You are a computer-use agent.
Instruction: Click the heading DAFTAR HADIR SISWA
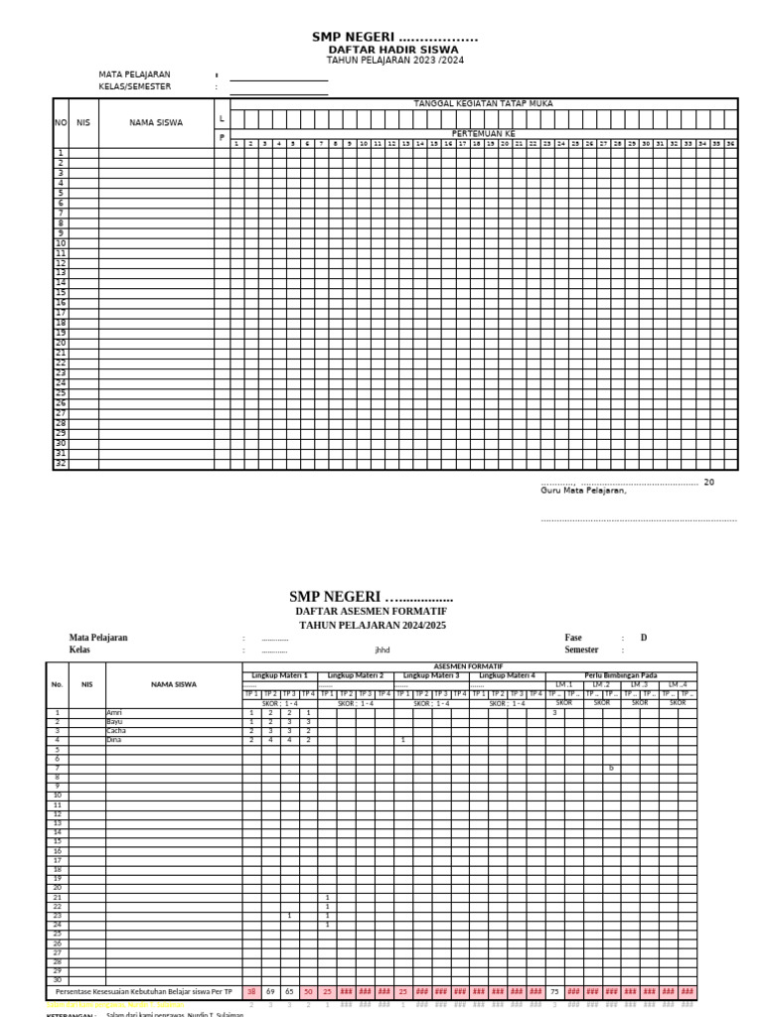393,49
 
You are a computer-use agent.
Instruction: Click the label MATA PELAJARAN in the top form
134,74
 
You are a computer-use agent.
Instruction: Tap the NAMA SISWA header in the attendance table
156,123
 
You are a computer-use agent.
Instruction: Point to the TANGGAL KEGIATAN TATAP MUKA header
483,103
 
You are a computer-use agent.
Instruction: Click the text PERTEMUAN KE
483,133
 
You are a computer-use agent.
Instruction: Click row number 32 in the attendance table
61,464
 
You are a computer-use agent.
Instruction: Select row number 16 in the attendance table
61,303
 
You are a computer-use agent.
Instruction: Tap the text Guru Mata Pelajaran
583,491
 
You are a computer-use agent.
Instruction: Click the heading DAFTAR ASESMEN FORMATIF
371,612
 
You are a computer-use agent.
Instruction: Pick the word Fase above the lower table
573,638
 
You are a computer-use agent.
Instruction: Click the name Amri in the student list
114,713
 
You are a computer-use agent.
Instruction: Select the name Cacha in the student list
116,731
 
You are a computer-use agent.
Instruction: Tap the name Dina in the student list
115,740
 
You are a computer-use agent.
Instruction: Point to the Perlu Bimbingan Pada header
621,675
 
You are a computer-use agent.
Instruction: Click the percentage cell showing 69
270,991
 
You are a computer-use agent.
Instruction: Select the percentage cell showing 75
553,991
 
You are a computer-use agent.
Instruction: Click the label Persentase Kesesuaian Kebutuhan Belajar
143,991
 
